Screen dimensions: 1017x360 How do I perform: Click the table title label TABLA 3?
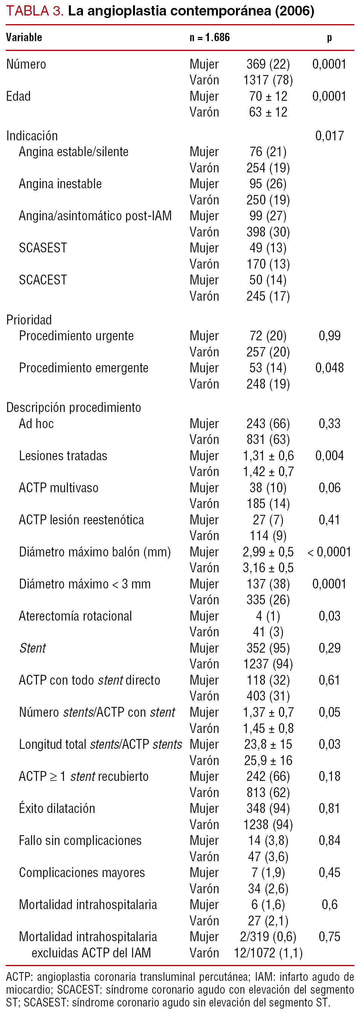[34, 11]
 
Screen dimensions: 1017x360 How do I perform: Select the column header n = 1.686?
[209, 37]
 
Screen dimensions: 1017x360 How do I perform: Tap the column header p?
[329, 37]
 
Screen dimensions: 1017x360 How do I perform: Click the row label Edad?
[18, 96]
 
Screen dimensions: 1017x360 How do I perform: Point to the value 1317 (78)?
[268, 80]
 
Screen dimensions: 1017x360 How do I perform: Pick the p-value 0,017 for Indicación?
[329, 136]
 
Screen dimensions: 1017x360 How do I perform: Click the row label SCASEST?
[43, 248]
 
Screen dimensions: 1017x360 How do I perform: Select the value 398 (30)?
[268, 232]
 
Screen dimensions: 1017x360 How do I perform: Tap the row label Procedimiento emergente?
[84, 368]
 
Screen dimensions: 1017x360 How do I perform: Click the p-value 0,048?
[329, 368]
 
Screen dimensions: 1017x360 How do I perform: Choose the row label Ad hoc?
[36, 424]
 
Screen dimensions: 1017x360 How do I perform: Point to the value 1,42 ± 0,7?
[268, 472]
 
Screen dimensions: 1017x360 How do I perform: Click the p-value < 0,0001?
[329, 552]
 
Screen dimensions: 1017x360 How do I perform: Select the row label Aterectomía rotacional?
[75, 616]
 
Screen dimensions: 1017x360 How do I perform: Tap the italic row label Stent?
[33, 648]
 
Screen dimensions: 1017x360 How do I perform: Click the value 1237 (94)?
[268, 664]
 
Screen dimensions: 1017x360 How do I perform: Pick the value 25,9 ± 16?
[268, 760]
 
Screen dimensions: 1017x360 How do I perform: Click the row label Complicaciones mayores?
[82, 873]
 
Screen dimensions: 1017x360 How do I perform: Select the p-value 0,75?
[329, 936]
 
